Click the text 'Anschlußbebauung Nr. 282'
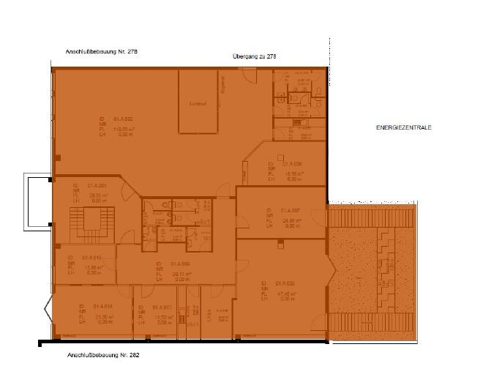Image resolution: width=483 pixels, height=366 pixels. (x=102, y=354)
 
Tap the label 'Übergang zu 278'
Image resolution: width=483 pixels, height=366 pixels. (x=254, y=57)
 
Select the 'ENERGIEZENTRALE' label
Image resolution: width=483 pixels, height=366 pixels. (x=404, y=127)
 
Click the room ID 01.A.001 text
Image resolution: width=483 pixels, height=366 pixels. (x=97, y=186)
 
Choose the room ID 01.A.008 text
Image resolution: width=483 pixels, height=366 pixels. (x=285, y=283)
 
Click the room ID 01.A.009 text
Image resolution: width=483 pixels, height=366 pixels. (x=180, y=264)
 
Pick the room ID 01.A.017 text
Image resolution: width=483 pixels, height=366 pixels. (x=162, y=306)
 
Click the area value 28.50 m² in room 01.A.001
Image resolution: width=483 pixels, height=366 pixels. (x=98, y=195)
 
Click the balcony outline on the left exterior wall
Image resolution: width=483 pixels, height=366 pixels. (x=35, y=202)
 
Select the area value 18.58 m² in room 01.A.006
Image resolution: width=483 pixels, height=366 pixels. (x=293, y=173)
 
